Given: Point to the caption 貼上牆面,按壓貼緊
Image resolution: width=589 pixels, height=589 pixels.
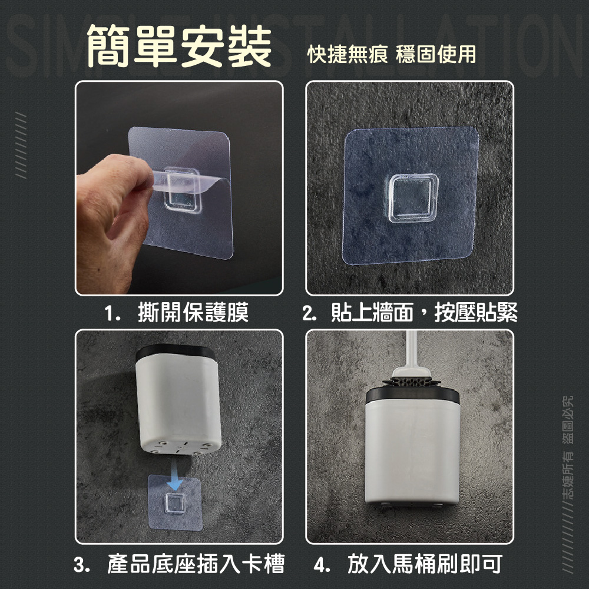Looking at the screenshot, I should click(424, 313).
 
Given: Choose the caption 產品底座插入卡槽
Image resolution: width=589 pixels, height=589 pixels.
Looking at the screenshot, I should click(196, 564).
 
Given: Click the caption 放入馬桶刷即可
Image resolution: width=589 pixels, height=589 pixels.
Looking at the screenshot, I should click(425, 564).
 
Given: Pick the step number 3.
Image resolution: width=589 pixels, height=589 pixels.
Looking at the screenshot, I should click(81, 564).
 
